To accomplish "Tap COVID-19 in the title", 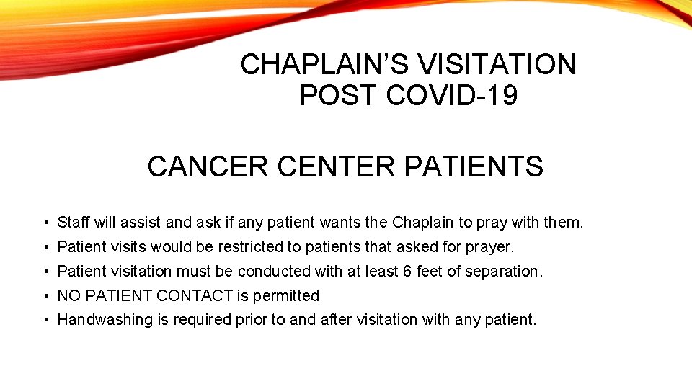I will pyautogui.click(x=452, y=95).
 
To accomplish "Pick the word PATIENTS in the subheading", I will pyautogui.click(x=474, y=167).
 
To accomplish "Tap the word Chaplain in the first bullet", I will pyautogui.click(x=420, y=223).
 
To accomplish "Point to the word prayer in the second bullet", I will pyautogui.click(x=489, y=248).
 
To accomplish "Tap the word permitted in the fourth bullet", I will pyautogui.click(x=285, y=296).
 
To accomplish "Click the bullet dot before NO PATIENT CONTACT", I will pyautogui.click(x=45, y=296).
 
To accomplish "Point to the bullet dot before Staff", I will pyautogui.click(x=45, y=223).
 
